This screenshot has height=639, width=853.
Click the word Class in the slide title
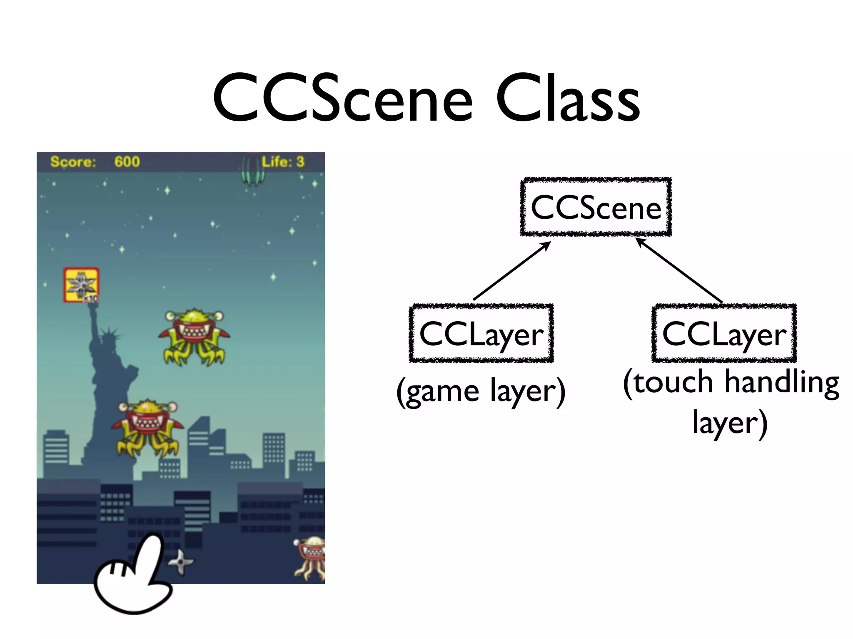[567, 99]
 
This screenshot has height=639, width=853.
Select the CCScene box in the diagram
[596, 207]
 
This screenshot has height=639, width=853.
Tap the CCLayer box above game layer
[481, 334]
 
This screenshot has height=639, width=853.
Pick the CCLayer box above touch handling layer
[724, 334]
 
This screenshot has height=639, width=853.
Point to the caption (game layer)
[481, 391]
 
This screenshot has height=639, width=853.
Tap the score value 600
[127, 161]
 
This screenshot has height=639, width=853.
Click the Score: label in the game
[73, 161]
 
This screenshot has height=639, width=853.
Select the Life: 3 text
[283, 161]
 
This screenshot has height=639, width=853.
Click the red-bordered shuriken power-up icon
[81, 285]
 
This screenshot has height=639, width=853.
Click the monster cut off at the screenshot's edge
[312, 557]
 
